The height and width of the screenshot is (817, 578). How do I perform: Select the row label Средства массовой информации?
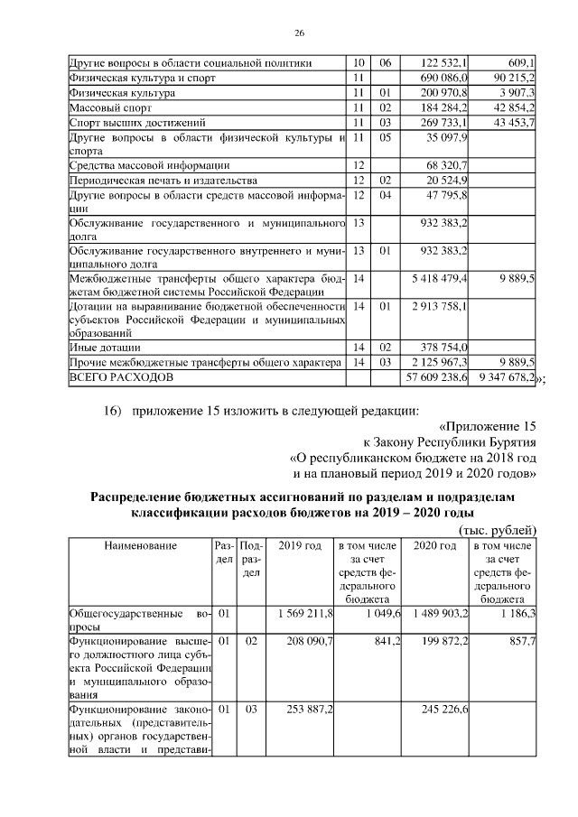point(149,166)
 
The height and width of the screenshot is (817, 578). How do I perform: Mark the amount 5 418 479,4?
point(437,279)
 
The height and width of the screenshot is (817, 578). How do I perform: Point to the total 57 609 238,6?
point(437,376)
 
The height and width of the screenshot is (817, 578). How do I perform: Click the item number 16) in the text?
point(113,413)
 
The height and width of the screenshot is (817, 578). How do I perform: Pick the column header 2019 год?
point(300,545)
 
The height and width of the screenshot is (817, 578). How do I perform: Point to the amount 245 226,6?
point(440,710)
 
